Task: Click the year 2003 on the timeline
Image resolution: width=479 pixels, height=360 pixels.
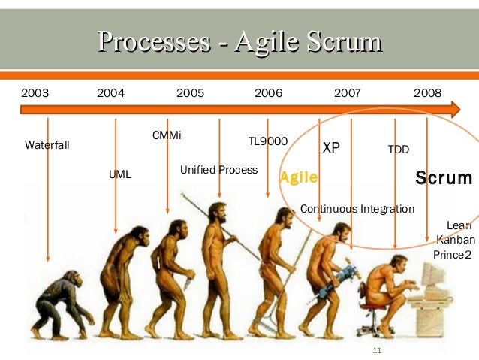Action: click(35, 93)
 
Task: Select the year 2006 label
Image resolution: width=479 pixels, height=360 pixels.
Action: click(268, 93)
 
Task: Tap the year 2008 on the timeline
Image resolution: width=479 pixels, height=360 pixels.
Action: click(428, 93)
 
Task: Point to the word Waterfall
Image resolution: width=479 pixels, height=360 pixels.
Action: click(47, 144)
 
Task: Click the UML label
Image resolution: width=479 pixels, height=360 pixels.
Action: click(120, 174)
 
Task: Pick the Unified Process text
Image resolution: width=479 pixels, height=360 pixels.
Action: click(218, 170)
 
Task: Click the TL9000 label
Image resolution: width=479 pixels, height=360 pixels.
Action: click(268, 141)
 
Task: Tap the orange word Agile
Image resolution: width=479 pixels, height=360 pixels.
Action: click(299, 178)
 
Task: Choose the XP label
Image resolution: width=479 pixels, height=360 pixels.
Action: click(331, 147)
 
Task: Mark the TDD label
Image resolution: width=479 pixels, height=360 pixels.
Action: click(398, 150)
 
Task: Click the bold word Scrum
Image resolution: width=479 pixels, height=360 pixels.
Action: click(444, 178)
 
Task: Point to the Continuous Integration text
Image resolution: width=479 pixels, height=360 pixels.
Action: click(357, 208)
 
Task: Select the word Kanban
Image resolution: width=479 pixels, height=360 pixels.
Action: click(454, 240)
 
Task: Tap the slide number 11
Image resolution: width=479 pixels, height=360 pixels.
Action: click(378, 351)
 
